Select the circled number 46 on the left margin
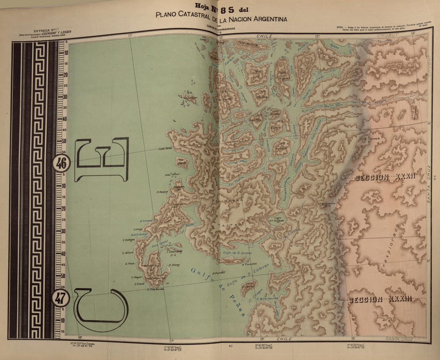click(x=61, y=163)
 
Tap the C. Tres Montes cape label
click(x=156, y=289)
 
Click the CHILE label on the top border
click(x=264, y=36)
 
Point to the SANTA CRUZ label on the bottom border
click(x=398, y=339)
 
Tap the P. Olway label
click(x=174, y=265)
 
